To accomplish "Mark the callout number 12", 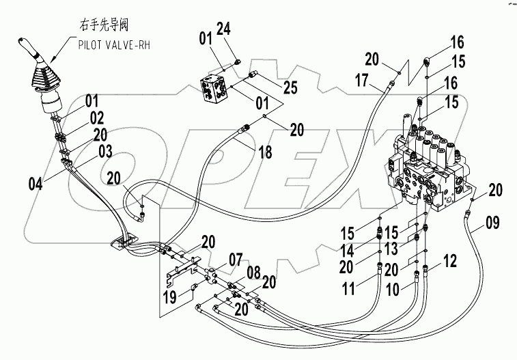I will coord(449,260).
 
